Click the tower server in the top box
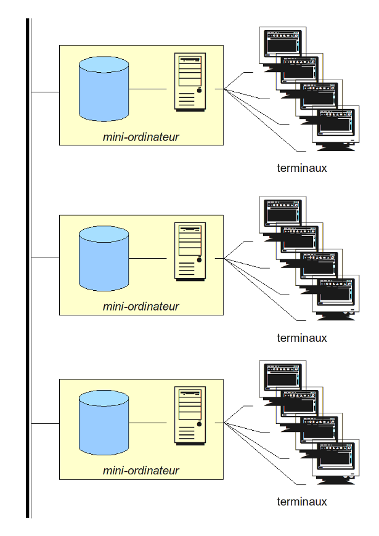[190, 81]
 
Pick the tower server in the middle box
[190, 251]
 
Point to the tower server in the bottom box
[190, 416]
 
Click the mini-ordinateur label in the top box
[141, 137]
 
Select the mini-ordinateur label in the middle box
[141, 306]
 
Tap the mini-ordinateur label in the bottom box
[141, 471]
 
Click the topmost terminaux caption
[301, 168]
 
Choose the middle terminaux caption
[301, 338]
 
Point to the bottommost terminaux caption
[301, 501]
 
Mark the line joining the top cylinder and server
[148, 89]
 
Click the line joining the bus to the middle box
[45, 258]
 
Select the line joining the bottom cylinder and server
[148, 423]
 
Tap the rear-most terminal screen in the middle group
[282, 213]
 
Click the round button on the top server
[199, 91]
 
